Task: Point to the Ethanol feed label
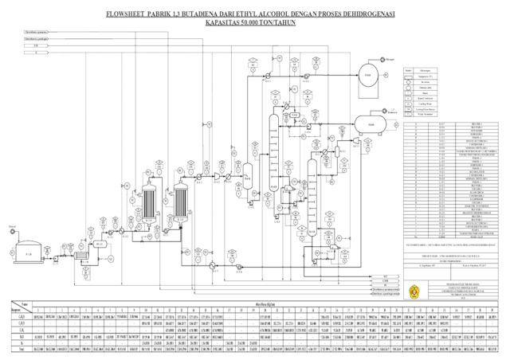[12, 227]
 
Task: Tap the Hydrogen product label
[393, 58]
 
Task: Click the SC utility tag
[385, 284]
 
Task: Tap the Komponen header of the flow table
[14, 310]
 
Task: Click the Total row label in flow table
[14, 348]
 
